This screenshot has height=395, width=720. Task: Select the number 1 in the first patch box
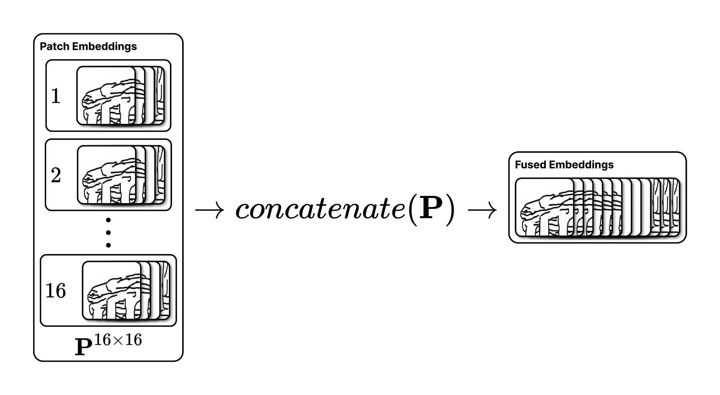tap(55, 96)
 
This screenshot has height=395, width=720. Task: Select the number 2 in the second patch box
tap(56, 175)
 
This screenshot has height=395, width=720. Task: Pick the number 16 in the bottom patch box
tap(56, 291)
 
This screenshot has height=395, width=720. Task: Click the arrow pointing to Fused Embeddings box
tap(482, 210)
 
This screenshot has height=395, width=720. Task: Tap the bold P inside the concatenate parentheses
tap(431, 208)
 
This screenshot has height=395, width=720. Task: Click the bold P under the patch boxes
tap(83, 347)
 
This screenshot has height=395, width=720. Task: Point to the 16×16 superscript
tap(118, 340)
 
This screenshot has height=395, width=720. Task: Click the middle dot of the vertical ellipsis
tap(108, 233)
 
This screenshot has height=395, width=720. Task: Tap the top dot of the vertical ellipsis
tap(108, 220)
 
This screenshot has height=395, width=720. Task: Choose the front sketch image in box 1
tap(106, 96)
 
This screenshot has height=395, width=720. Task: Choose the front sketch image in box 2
tap(107, 175)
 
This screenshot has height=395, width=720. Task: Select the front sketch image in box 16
tap(112, 290)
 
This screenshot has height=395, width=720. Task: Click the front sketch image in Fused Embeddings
tap(544, 207)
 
